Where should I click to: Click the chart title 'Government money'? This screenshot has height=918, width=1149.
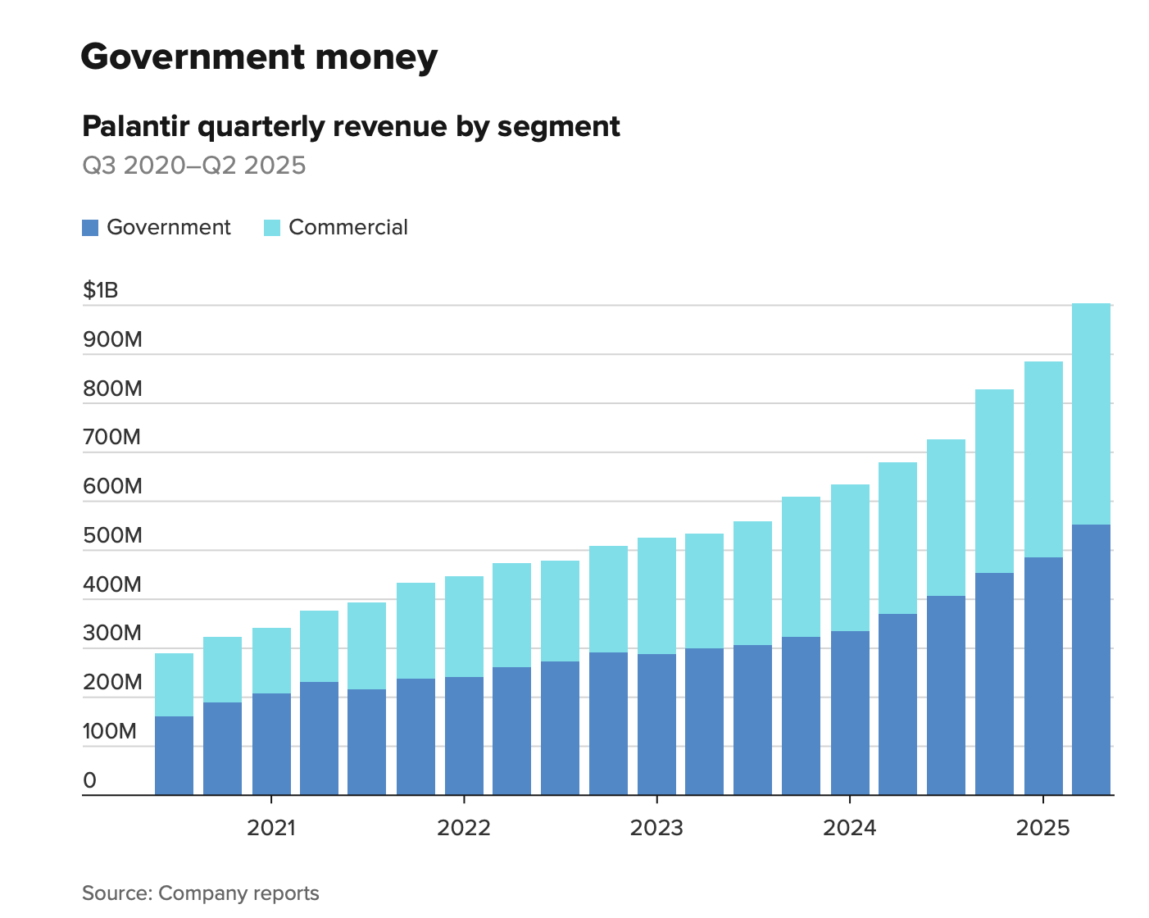point(259,57)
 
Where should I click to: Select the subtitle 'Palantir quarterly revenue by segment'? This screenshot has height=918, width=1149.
point(351,127)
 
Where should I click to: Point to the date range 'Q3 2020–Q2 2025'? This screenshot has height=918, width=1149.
point(194,166)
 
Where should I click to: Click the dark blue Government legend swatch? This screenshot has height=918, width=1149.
point(90,228)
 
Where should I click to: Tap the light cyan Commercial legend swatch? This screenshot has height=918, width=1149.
point(272,228)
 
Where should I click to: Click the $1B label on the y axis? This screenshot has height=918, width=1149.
point(101,290)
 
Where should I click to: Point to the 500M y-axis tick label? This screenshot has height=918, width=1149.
point(112,535)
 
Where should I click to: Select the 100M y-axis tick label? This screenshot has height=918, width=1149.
point(110,731)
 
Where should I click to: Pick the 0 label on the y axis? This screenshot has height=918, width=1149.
point(89,780)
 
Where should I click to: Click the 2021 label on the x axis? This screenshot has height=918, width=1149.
point(271,828)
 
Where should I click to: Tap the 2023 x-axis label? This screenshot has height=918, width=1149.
point(656,828)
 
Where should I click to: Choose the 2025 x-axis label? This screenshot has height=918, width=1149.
point(1042,828)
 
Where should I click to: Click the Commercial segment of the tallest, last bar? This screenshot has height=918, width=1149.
point(1091,414)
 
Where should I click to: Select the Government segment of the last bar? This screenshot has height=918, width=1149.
point(1091,660)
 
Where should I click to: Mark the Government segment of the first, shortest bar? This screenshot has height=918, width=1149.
point(174,756)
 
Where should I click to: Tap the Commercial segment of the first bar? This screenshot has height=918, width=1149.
point(174,684)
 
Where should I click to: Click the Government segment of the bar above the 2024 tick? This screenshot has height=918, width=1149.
point(850,713)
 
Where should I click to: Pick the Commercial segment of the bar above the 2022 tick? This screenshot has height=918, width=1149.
point(464,627)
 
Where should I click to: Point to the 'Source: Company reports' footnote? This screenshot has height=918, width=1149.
point(201,893)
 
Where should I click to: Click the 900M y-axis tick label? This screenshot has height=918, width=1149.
point(112,339)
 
